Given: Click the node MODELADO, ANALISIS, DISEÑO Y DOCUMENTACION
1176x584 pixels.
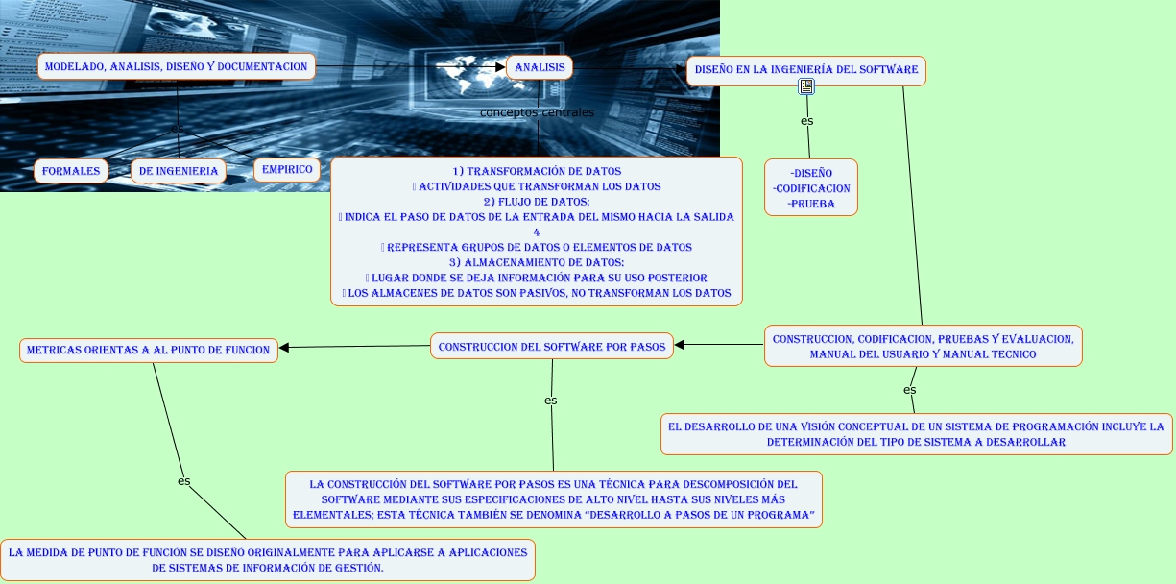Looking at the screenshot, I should tap(178, 66).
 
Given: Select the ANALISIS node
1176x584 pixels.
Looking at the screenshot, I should tap(538, 67).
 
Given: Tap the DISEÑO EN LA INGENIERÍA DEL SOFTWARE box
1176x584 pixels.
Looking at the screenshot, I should tap(806, 69).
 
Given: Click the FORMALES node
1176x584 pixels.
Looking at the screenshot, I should tap(71, 171).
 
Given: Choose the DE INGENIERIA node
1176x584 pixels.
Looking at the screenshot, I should tap(179, 171).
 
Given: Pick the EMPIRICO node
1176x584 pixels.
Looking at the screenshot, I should tap(287, 169).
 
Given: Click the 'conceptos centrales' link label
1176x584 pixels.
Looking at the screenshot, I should tap(537, 112).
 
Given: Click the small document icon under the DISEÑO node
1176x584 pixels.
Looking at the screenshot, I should tap(806, 86).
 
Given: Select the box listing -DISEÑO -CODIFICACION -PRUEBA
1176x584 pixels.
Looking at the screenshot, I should tap(811, 187).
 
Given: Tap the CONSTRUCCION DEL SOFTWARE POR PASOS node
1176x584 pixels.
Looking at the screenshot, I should tap(552, 346).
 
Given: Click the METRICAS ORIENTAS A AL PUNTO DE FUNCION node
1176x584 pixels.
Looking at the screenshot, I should tap(149, 350).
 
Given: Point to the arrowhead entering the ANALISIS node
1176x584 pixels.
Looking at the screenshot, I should tap(500, 67).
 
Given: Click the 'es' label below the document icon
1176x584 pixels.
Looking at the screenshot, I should tap(806, 121).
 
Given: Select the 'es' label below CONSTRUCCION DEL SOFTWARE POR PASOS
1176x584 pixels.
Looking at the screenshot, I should tap(550, 400).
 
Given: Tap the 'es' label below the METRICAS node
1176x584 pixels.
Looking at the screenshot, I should tap(183, 480).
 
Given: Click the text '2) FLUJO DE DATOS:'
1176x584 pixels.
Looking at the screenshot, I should tap(536, 201).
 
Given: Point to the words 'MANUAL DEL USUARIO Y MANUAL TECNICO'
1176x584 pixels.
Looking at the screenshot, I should tap(923, 354).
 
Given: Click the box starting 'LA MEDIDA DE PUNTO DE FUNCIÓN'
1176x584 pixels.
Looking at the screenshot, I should tap(267, 560).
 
